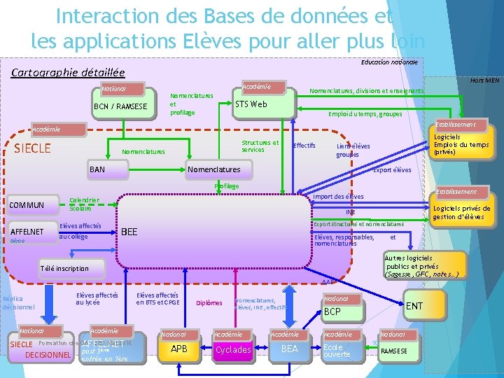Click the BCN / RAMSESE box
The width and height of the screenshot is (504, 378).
point(120,106)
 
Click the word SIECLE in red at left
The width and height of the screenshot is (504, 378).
point(33,148)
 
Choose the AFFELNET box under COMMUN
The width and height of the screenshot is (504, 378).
point(28,232)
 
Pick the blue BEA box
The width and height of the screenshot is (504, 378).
point(289,349)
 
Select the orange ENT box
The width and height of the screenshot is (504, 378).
point(414,306)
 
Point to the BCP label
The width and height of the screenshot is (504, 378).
point(332,311)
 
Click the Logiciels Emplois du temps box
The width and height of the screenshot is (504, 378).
point(461,145)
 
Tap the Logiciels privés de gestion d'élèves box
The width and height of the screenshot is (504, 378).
point(461,213)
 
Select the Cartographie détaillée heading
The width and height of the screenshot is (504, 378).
point(69,72)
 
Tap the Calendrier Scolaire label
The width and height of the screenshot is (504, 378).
point(85,204)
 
